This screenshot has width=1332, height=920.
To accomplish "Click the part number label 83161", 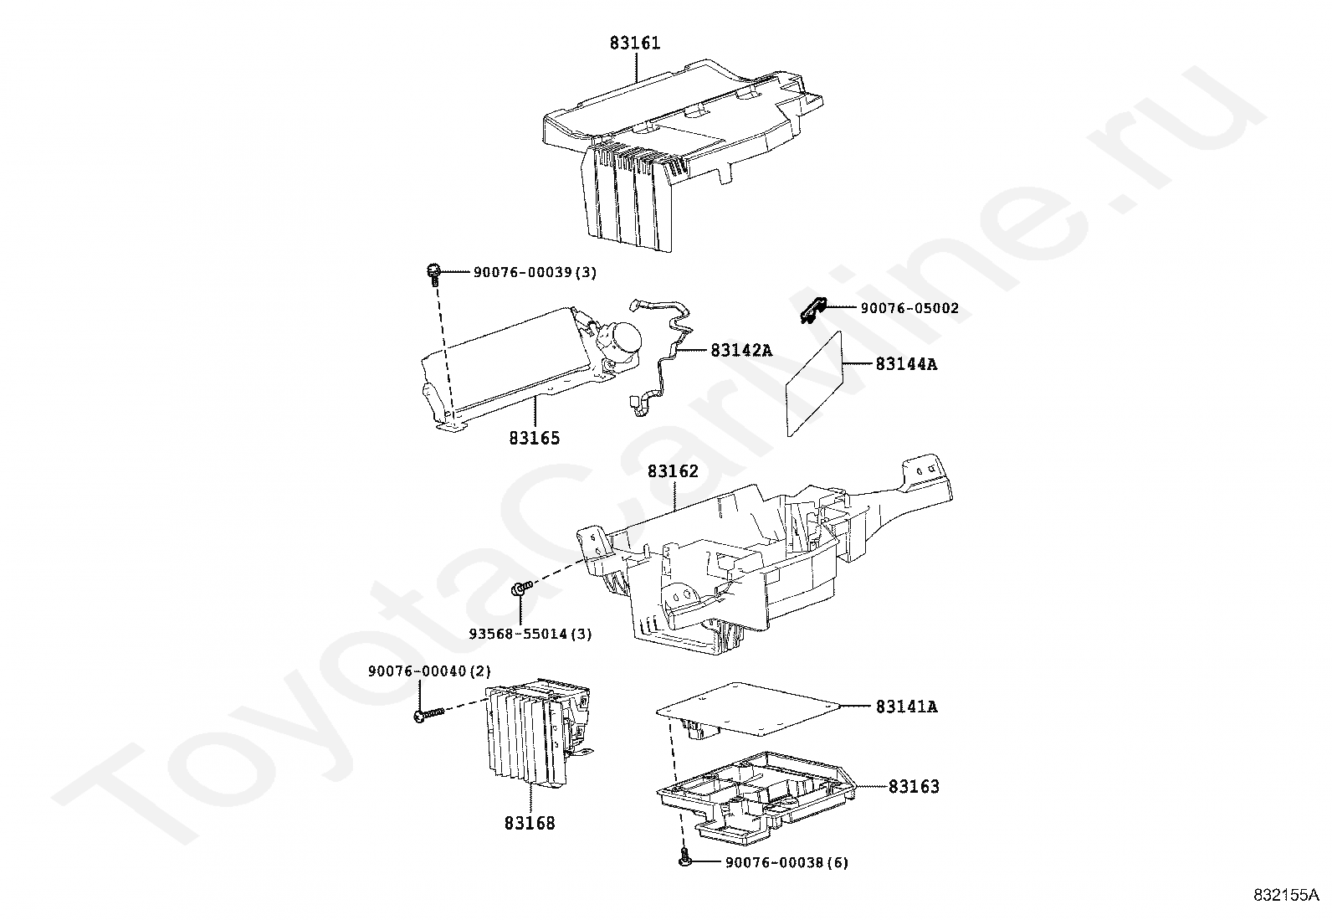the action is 634,42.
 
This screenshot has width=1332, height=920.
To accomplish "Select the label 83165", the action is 534,438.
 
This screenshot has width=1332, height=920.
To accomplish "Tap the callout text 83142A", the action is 741,350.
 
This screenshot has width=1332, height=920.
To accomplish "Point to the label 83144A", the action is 906,364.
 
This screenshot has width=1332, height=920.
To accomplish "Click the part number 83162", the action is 672,471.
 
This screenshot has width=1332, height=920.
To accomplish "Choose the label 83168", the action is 529,823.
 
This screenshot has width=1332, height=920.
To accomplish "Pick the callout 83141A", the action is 906,707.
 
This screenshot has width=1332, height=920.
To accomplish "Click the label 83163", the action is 914,786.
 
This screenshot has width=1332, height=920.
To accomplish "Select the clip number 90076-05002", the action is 909,308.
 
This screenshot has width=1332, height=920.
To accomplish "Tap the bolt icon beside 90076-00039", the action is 433,273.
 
